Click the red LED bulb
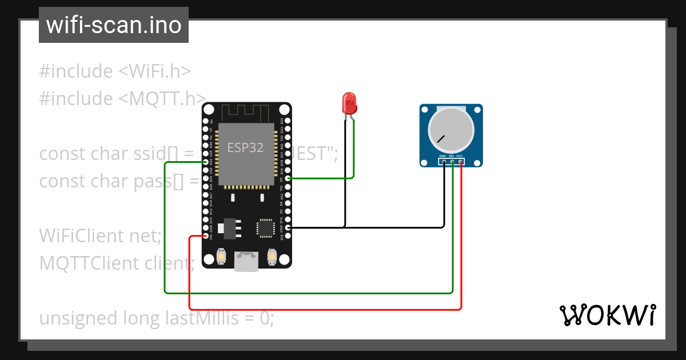pos(349,103)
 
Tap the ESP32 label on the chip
pos(246,147)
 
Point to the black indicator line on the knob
pos(441,138)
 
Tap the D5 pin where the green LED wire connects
pos(288,179)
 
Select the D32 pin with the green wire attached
pos(206,162)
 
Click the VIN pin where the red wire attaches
pos(206,235)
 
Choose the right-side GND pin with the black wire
pos(288,227)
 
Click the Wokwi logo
pos(607,315)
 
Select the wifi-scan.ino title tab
pos(114,25)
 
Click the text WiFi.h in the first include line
pos(154,71)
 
